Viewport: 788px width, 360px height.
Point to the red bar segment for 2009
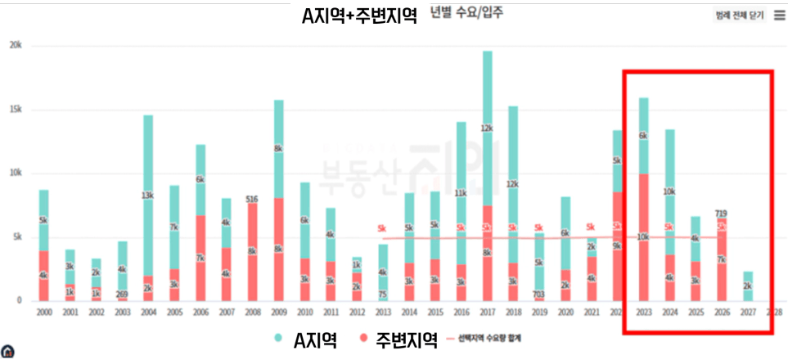click(x=278, y=250)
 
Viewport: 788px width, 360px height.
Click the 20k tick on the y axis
click(x=16, y=46)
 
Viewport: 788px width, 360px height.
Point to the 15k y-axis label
click(x=16, y=110)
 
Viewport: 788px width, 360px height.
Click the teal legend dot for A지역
click(x=277, y=339)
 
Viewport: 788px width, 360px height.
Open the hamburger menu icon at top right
click(x=779, y=15)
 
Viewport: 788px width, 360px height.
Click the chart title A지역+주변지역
click(x=358, y=16)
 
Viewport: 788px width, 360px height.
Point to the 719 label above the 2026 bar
click(x=720, y=214)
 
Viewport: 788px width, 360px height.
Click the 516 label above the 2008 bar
click(x=252, y=199)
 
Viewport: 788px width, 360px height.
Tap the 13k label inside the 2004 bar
click(x=148, y=196)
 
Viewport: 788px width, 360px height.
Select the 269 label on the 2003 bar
click(x=123, y=295)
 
